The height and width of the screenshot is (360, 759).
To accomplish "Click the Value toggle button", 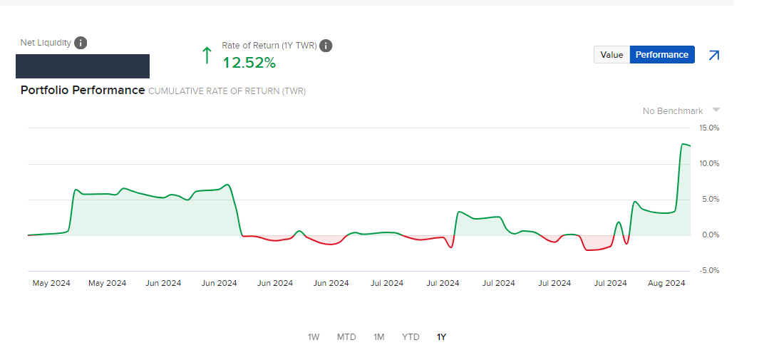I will pyautogui.click(x=611, y=55).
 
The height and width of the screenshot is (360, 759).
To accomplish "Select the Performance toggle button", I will pyautogui.click(x=662, y=55).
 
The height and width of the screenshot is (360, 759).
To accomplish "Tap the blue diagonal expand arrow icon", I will pyautogui.click(x=713, y=55).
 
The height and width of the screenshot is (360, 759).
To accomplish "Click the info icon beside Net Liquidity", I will pyautogui.click(x=81, y=43).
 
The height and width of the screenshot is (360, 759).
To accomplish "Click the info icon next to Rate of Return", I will pyautogui.click(x=326, y=46).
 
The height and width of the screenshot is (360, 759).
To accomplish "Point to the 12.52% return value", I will pyautogui.click(x=249, y=63).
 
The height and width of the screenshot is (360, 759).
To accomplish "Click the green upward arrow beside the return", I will pyautogui.click(x=207, y=55).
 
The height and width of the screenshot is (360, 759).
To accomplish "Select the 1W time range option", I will pyautogui.click(x=314, y=336).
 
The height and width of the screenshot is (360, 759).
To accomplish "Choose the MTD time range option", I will pyautogui.click(x=346, y=336).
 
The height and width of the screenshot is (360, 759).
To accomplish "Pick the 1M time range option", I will pyautogui.click(x=378, y=336).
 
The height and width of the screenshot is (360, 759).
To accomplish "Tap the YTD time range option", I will pyautogui.click(x=411, y=336).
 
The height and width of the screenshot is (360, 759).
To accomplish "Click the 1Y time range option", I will pyautogui.click(x=442, y=336).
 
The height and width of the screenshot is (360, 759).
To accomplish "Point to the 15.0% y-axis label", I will pyautogui.click(x=709, y=128).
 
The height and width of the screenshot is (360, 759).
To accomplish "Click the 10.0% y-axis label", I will pyautogui.click(x=709, y=164).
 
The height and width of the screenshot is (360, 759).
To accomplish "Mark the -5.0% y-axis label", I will pyautogui.click(x=709, y=271).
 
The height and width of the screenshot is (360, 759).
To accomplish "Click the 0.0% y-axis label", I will pyautogui.click(x=710, y=235).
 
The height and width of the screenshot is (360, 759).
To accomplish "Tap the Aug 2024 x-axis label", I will pyautogui.click(x=666, y=283).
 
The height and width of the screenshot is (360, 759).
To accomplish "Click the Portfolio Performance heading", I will pyautogui.click(x=83, y=91).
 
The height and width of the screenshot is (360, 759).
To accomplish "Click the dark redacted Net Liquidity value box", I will pyautogui.click(x=83, y=66).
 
